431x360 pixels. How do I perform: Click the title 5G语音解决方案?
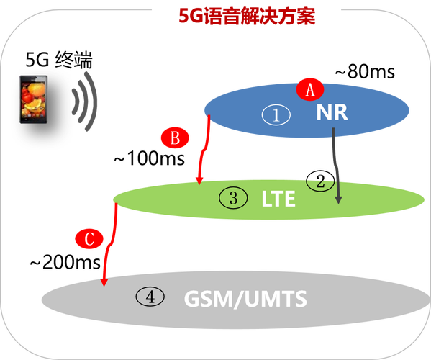tap(247, 16)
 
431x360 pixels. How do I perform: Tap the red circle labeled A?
tap(310, 90)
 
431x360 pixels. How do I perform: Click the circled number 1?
tap(276, 114)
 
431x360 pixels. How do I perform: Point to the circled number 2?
tap(320, 181)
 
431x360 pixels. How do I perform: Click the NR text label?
tap(331, 113)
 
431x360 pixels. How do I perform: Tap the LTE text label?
tap(278, 198)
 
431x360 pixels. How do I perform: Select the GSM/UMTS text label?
tap(245, 297)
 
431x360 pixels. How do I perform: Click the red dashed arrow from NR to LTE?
tap(204, 151)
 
